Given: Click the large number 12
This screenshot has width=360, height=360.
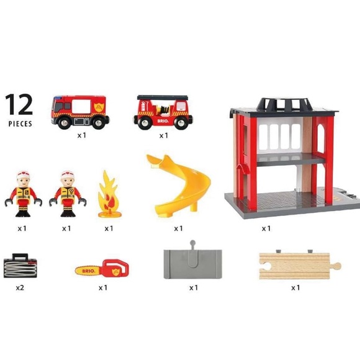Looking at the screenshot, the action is point(19,104).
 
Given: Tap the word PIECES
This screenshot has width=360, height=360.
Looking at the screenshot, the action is point(20,124).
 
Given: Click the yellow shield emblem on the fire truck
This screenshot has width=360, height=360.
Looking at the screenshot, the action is point(99,107).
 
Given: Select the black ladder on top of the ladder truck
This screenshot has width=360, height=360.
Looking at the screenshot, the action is point(163,97).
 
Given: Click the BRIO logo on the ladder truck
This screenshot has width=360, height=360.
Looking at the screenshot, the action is point(163,121).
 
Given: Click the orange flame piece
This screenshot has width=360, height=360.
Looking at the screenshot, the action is point(109,194).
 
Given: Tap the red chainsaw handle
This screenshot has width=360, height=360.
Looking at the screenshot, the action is point(114,268).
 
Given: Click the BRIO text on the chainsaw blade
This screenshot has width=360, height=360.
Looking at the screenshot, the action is point(88,271).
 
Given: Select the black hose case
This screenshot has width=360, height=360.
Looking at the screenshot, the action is point(20,266).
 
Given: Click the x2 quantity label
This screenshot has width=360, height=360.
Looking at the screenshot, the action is point(20,287).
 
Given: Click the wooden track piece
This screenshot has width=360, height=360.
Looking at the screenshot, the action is point(299,266).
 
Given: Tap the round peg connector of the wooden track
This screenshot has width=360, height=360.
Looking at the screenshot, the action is point(336,266).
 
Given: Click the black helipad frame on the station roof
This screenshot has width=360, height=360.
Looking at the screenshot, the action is point(284,104).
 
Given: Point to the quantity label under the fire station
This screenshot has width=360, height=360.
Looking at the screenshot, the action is point(266,228).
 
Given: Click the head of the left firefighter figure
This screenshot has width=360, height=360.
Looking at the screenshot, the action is point(23,179).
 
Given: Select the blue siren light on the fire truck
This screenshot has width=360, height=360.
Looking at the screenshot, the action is point(58,97).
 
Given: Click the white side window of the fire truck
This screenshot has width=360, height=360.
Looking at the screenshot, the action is point(81,107).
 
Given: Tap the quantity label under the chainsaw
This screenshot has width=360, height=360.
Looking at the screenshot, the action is point(103,287).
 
